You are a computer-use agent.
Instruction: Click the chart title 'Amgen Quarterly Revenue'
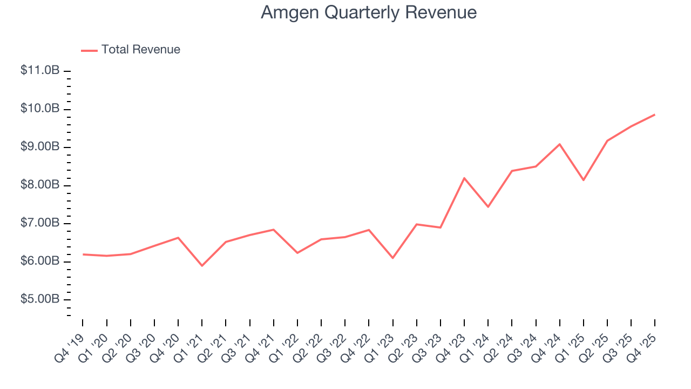click(x=368, y=12)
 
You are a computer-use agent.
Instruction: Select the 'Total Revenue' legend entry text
click(x=140, y=50)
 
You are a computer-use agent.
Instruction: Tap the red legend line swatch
click(x=89, y=50)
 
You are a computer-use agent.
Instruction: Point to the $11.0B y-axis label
click(x=40, y=71)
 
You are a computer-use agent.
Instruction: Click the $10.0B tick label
click(x=40, y=109)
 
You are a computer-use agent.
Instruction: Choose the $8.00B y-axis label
click(x=40, y=185)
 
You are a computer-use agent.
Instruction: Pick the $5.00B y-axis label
click(x=40, y=299)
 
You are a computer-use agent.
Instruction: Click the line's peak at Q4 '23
click(x=464, y=178)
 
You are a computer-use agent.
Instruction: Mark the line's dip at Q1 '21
click(x=202, y=266)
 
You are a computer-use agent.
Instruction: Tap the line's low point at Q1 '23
click(x=392, y=258)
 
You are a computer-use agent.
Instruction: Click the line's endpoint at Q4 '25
click(x=655, y=115)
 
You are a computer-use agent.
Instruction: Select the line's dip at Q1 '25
click(x=584, y=180)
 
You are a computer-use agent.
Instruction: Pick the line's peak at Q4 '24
click(x=560, y=144)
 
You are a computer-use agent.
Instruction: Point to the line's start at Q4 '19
click(x=83, y=254)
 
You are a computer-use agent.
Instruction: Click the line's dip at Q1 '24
click(x=488, y=207)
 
